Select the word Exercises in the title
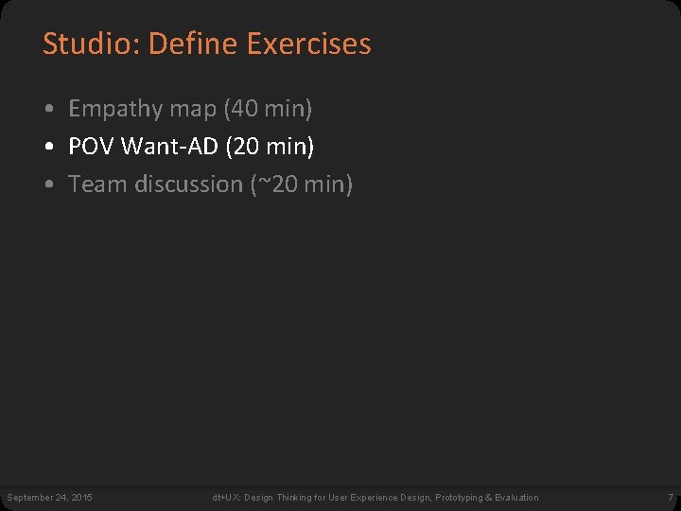308,44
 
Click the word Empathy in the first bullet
115,109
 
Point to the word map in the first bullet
193,110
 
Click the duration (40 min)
268,109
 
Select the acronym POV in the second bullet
92,147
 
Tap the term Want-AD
170,147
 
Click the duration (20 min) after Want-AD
271,147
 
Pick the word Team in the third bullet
98,185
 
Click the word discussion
189,185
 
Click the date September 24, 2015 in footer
49,498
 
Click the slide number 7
670,498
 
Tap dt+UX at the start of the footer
225,498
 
